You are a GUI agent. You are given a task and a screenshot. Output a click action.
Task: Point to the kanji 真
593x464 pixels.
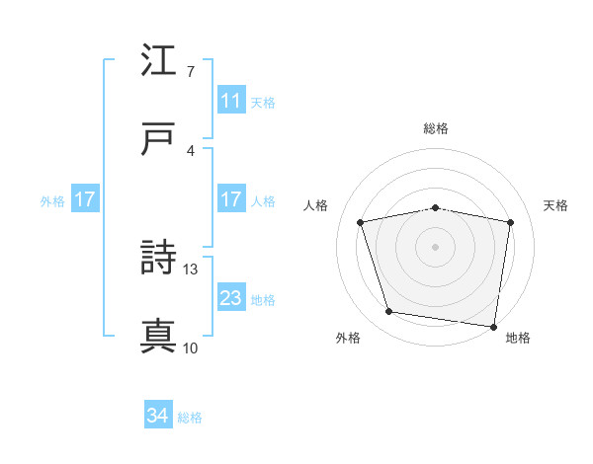pos(158,337)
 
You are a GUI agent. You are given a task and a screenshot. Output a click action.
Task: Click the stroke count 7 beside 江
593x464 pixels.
pos(190,71)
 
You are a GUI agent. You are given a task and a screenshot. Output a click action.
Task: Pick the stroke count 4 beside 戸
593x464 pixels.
pos(190,149)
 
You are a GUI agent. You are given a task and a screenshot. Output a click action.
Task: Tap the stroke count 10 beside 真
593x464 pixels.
pos(191,348)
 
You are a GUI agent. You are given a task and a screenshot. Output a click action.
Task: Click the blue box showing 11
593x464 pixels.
pos(230,101)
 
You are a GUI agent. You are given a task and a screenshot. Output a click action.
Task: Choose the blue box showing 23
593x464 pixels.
pos(230,298)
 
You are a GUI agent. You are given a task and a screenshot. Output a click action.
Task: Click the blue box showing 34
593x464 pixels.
pos(158,417)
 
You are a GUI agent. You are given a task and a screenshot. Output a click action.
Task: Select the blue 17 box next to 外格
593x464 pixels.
pos(84,199)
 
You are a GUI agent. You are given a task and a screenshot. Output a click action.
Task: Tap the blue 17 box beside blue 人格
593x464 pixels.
pos(230,199)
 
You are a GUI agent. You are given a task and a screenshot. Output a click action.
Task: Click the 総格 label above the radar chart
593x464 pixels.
pos(436,129)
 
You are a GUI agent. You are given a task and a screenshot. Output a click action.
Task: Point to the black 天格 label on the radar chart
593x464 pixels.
pos(556,205)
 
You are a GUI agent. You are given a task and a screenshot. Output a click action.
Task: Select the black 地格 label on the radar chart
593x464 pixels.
pos(518,339)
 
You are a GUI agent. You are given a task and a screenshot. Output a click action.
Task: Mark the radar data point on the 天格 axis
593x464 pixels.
pos(510,222)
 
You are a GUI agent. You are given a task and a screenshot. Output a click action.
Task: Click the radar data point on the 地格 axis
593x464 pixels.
pos(493,326)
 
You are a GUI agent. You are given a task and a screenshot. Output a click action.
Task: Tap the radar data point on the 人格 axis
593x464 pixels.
pos(362,222)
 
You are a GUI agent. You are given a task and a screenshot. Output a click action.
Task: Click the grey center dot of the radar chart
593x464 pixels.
pos(436,247)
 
